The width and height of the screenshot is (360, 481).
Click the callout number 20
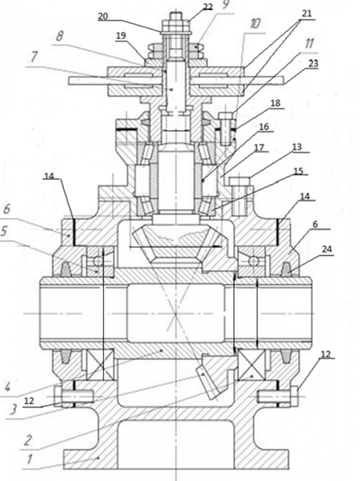click(103, 16)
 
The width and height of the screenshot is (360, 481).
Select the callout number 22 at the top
click(208, 7)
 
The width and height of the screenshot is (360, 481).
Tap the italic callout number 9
click(225, 5)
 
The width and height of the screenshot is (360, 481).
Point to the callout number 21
click(306, 13)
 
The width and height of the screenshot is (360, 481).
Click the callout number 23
click(313, 63)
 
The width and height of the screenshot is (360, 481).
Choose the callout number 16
click(264, 127)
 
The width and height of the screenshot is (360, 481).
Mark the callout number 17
click(259, 148)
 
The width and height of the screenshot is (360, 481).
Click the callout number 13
click(297, 147)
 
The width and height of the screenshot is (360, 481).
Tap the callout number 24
click(326, 249)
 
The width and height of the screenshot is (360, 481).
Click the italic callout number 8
click(60, 37)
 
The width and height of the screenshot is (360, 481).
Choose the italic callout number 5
click(4, 231)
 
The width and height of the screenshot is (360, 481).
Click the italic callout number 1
click(29, 459)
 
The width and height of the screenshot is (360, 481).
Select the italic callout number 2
click(27, 441)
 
